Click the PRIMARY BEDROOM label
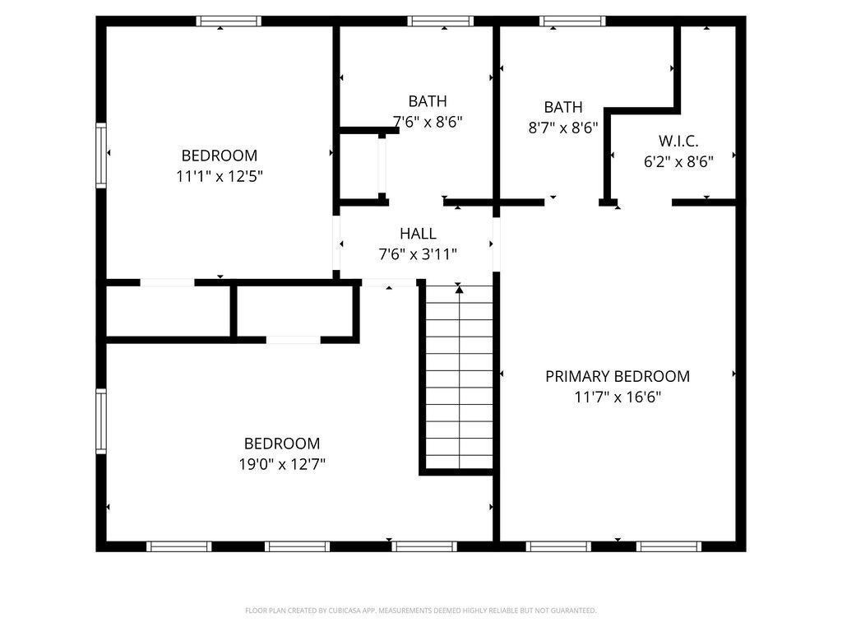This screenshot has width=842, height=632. tap(618, 376)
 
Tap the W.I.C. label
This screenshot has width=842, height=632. tap(678, 142)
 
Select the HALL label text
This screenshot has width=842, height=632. tap(418, 234)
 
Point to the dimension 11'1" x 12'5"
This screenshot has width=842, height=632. tap(219, 176)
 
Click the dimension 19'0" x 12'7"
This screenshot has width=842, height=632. tap(282, 464)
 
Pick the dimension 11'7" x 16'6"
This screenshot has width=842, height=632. tap(618, 397)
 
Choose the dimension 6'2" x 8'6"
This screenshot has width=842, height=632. tap(678, 161)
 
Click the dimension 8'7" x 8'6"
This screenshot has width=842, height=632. tap(562, 128)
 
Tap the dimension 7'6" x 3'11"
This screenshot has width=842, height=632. tap(418, 253)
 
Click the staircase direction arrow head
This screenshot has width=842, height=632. tap(459, 290)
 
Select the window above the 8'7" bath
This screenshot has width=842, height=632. tap(573, 21)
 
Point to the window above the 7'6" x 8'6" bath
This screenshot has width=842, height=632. tap(441, 21)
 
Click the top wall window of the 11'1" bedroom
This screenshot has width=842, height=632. tap(229, 21)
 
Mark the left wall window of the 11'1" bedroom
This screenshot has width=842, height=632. tap(101, 156)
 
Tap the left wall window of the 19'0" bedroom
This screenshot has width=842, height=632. tap(101, 421)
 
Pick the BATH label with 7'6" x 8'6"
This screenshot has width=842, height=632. tap(428, 101)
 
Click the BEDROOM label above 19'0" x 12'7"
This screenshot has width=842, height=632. tap(282, 444)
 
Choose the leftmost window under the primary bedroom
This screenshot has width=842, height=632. tap(558, 546)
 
